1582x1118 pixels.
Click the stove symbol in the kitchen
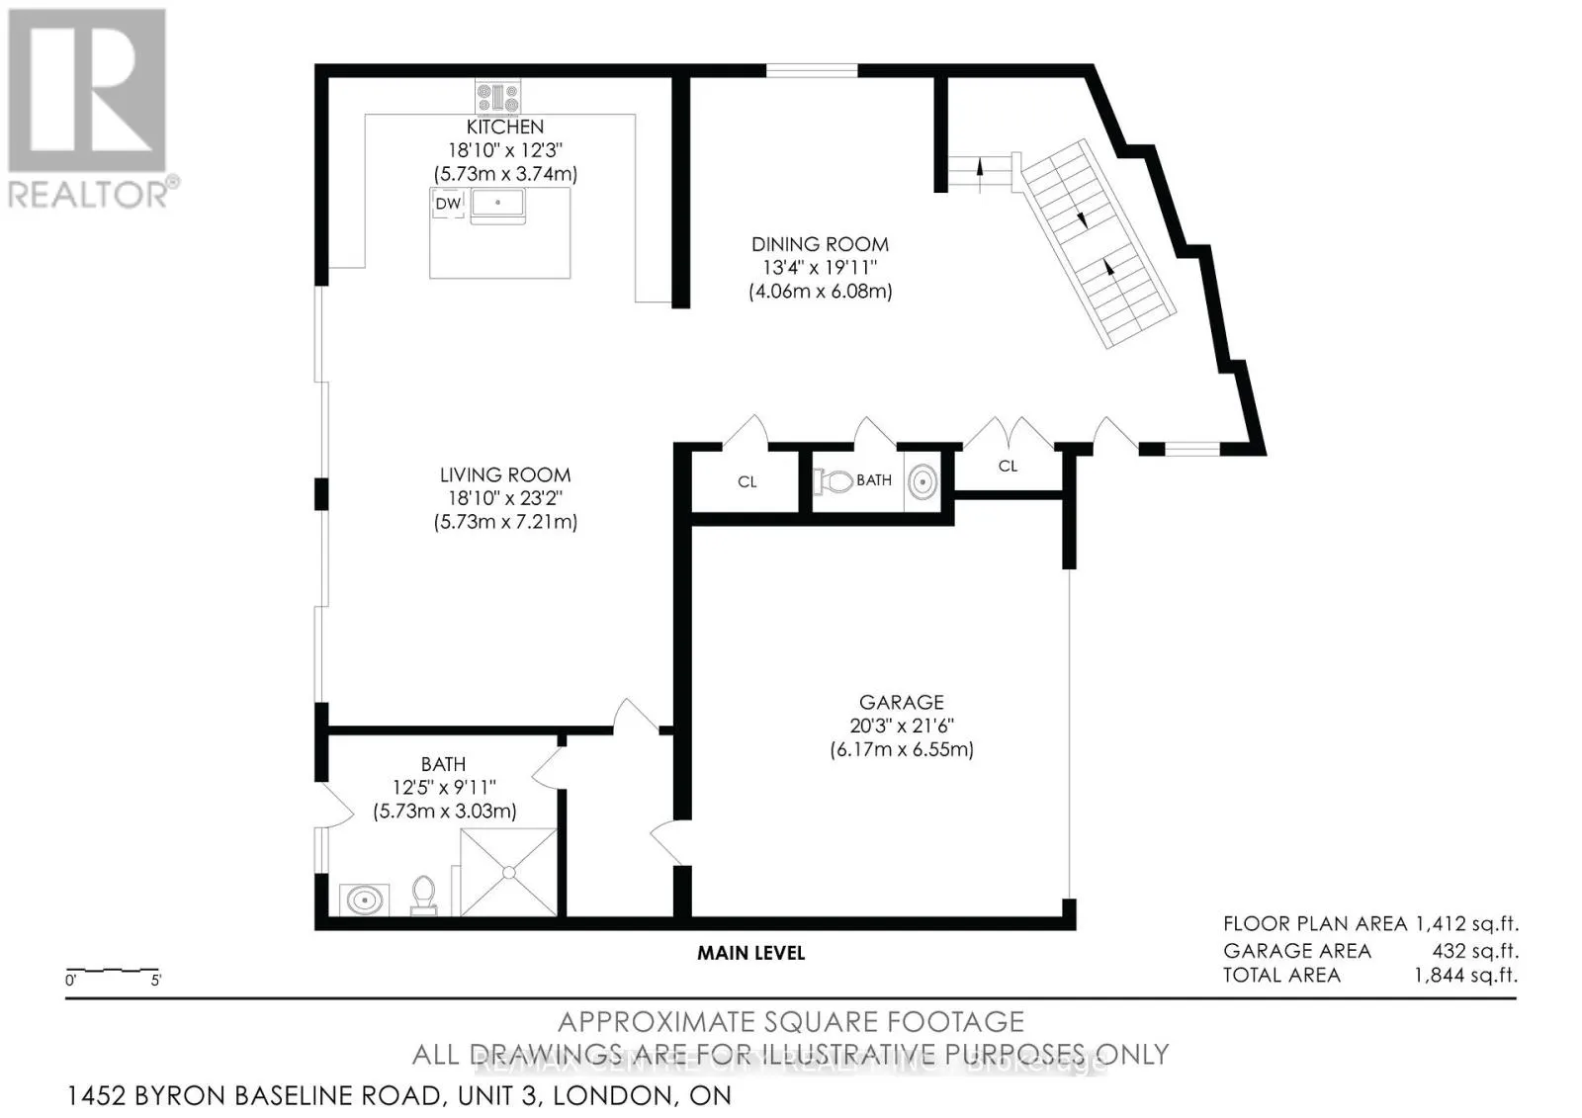497,97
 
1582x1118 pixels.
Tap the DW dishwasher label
448,204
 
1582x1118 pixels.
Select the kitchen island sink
498,203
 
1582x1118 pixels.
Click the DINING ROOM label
820,244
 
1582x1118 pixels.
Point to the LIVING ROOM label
505,474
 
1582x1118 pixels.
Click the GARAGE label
901,702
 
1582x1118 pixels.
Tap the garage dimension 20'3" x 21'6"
901,726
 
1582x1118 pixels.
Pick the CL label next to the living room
747,482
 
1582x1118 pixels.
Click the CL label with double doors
1008,466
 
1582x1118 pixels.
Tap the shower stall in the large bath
508,872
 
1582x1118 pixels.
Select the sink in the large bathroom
365,901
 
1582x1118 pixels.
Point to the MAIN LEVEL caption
750,953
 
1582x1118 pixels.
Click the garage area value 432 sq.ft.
1474,951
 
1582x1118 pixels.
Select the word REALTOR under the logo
88,194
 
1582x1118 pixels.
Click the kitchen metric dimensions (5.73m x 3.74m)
505,174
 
